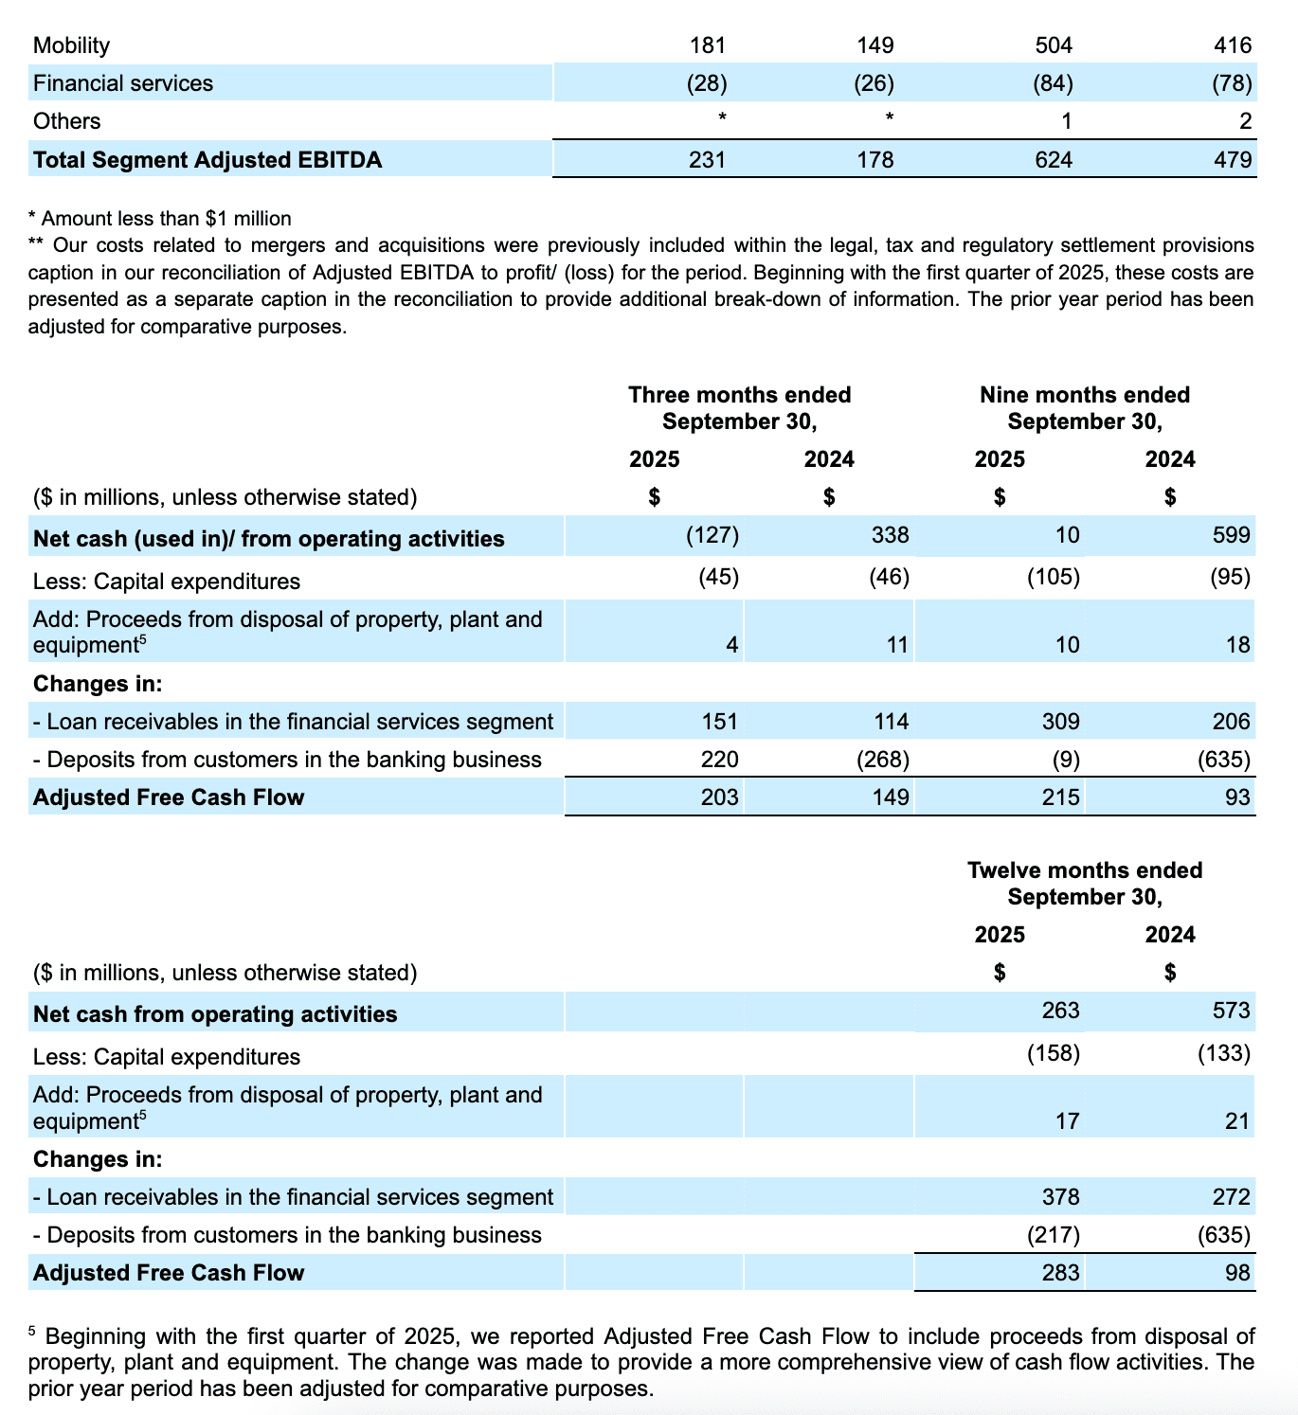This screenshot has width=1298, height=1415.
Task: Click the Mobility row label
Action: (x=71, y=45)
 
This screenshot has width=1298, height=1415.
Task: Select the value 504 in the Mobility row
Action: (x=1054, y=45)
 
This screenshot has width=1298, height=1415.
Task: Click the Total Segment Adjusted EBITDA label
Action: (x=207, y=160)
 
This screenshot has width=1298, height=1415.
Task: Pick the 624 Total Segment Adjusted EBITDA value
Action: (x=1054, y=160)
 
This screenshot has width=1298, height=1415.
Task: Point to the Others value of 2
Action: (x=1245, y=121)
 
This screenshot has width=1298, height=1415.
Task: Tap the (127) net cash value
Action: (x=712, y=535)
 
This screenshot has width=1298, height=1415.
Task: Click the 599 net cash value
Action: (x=1231, y=535)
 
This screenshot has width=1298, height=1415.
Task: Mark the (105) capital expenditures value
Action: (x=1053, y=577)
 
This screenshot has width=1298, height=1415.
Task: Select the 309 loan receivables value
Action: (x=1060, y=722)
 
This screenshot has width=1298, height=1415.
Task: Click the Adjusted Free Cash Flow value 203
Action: (x=719, y=797)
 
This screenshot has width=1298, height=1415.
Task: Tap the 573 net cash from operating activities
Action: (x=1231, y=1011)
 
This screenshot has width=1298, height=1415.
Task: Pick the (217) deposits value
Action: (x=1053, y=1235)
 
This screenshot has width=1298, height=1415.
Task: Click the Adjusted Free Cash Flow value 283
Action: (x=1060, y=1273)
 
